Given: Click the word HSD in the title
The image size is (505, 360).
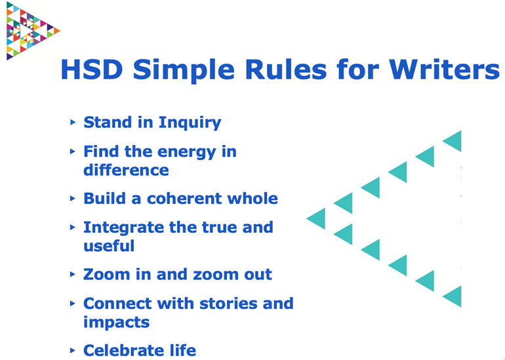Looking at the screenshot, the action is pyautogui.click(x=92, y=70).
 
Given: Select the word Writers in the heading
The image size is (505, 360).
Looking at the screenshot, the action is pyautogui.click(x=445, y=70).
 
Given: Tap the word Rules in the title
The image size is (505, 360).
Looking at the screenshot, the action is pyautogui.click(x=286, y=70).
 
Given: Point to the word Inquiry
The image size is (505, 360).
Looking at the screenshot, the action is pyautogui.click(x=190, y=123).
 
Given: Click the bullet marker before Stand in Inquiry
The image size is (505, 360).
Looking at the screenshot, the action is pyautogui.click(x=73, y=123).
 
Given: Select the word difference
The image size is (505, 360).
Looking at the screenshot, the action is pyautogui.click(x=126, y=170).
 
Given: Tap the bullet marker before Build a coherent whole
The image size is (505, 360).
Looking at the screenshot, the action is pyautogui.click(x=73, y=199).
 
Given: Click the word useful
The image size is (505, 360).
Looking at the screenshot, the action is pyautogui.click(x=109, y=246).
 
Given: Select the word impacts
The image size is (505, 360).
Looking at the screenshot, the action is pyautogui.click(x=117, y=323).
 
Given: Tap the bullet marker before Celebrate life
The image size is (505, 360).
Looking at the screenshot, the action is pyautogui.click(x=73, y=351).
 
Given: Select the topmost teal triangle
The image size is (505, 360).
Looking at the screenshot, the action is pyautogui.click(x=452, y=141).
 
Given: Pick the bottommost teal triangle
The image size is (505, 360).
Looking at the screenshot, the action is pyautogui.click(x=452, y=296).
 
